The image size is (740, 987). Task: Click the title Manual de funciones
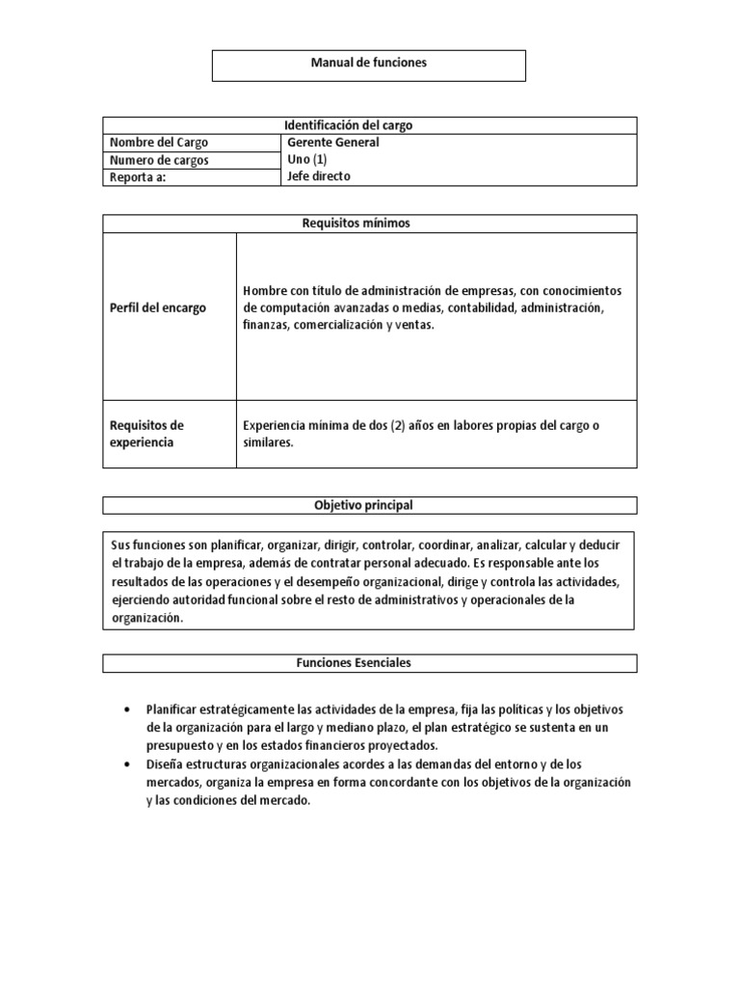(x=368, y=63)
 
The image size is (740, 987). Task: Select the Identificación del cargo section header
(x=369, y=125)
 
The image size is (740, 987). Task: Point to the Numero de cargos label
(x=159, y=160)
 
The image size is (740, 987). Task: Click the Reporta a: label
(x=138, y=177)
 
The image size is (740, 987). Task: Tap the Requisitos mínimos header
(x=369, y=224)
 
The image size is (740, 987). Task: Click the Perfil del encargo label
(x=158, y=308)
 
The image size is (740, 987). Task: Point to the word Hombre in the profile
(x=265, y=291)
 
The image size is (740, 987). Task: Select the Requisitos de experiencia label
(x=147, y=434)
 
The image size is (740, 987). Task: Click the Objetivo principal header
(x=369, y=505)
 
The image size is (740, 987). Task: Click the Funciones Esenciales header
(x=369, y=663)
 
